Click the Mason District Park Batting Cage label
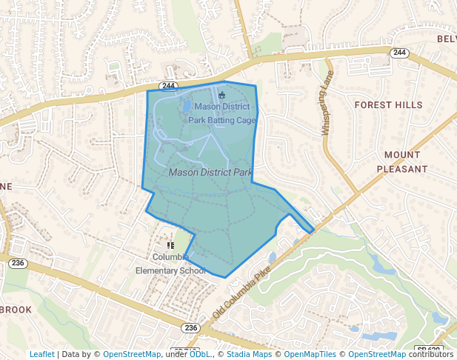click(x=222, y=113)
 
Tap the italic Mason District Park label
click(x=211, y=172)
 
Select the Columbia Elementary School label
click(x=170, y=264)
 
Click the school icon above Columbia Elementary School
click(x=170, y=244)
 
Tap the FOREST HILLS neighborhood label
click(x=387, y=105)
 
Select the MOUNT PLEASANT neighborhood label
click(x=402, y=161)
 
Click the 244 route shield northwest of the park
click(x=167, y=86)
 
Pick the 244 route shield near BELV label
click(x=400, y=53)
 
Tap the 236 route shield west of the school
click(x=19, y=263)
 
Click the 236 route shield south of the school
click(x=191, y=328)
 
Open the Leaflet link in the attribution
click(x=42, y=354)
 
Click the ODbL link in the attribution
click(x=200, y=354)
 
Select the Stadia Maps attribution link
click(x=249, y=354)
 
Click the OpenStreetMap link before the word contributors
click(x=377, y=354)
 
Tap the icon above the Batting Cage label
click(x=221, y=94)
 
